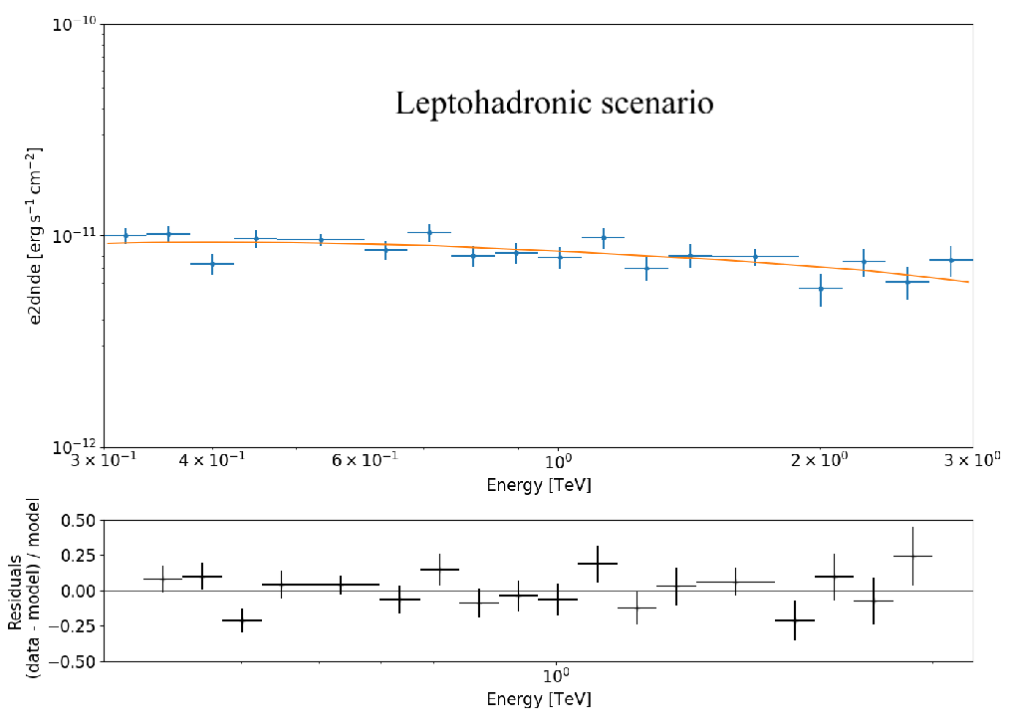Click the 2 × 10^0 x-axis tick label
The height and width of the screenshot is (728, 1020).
coord(819,462)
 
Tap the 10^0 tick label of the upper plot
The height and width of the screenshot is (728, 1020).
coord(558,462)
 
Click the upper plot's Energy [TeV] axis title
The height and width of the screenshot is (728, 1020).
coord(538,486)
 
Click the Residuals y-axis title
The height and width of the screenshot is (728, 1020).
coord(25,590)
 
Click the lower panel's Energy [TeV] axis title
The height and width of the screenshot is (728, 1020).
coord(538,699)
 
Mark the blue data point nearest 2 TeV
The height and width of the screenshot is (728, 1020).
coord(821,289)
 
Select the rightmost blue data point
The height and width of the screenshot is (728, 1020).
coord(951,260)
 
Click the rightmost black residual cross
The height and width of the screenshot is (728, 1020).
coord(912,556)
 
